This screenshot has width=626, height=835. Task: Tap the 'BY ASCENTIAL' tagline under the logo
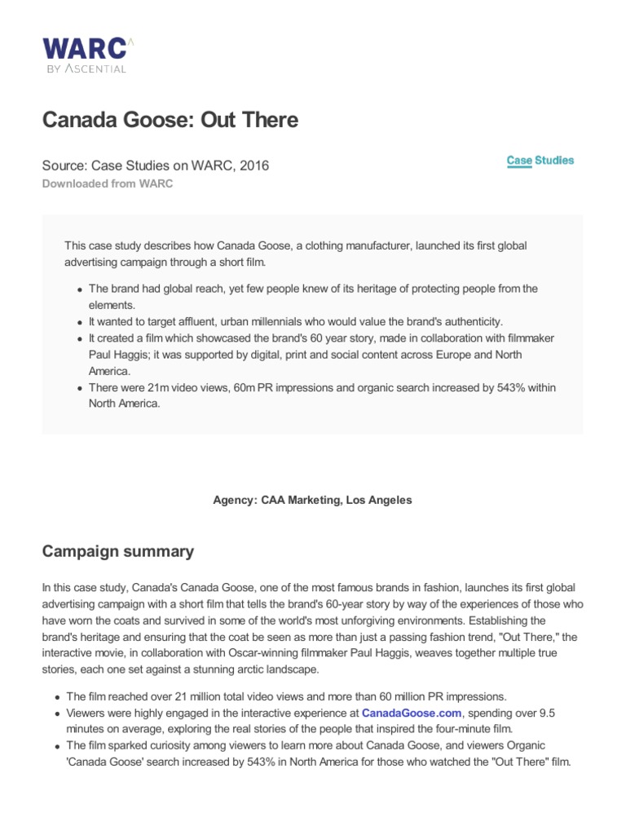tap(85, 69)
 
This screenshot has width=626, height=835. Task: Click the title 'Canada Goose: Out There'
tap(170, 121)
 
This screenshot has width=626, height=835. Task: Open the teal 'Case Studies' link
tap(540, 161)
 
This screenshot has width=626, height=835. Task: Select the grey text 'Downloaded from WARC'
tap(108, 183)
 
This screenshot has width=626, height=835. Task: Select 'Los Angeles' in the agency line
tap(379, 501)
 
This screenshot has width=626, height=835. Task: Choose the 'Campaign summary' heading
tap(118, 551)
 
